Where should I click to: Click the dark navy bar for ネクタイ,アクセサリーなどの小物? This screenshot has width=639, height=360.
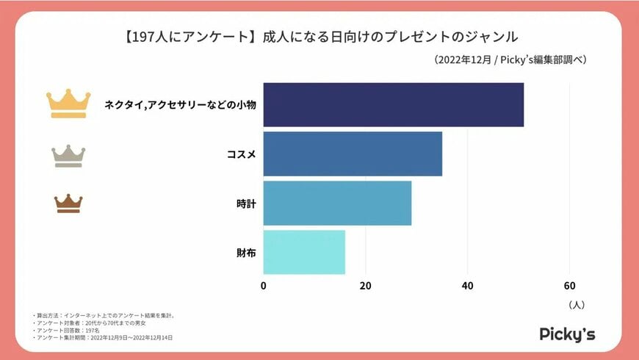(393, 104)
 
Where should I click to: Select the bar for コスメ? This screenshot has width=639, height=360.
(353, 154)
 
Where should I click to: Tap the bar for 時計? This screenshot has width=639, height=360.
(337, 203)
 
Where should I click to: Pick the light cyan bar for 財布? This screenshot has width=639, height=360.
(304, 252)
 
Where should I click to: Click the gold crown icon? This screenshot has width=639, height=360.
(68, 104)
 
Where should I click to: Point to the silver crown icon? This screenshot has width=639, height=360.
(68, 156)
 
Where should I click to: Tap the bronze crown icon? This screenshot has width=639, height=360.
(68, 204)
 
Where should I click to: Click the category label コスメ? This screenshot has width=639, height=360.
(242, 154)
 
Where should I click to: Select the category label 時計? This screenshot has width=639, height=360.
(246, 204)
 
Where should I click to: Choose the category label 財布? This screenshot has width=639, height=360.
(246, 253)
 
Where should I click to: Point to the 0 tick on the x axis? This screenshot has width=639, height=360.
(264, 286)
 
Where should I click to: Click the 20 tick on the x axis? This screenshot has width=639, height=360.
(365, 286)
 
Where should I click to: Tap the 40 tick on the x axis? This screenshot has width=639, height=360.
(467, 286)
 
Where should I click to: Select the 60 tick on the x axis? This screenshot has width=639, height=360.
(569, 286)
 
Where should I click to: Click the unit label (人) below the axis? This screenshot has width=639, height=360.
(576, 303)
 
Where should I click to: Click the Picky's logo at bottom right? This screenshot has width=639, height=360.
(567, 334)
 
